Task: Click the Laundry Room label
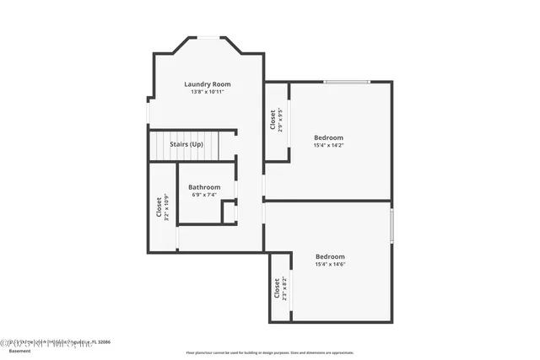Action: coord(208,84)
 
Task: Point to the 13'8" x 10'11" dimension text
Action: coord(208,92)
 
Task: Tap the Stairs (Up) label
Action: coord(186,145)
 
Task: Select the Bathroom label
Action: coord(204,187)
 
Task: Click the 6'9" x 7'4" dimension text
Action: coord(204,195)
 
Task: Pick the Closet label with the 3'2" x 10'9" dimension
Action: coord(159,207)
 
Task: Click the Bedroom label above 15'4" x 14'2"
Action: coord(328,137)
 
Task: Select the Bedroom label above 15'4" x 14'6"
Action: coord(330,256)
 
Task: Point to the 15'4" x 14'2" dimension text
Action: coord(328,145)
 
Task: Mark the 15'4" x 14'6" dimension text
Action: coord(330,265)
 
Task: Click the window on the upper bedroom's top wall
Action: coord(347,82)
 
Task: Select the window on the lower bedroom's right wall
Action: coord(391,225)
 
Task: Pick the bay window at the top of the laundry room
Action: coord(208,38)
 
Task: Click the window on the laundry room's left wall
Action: coord(148,112)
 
